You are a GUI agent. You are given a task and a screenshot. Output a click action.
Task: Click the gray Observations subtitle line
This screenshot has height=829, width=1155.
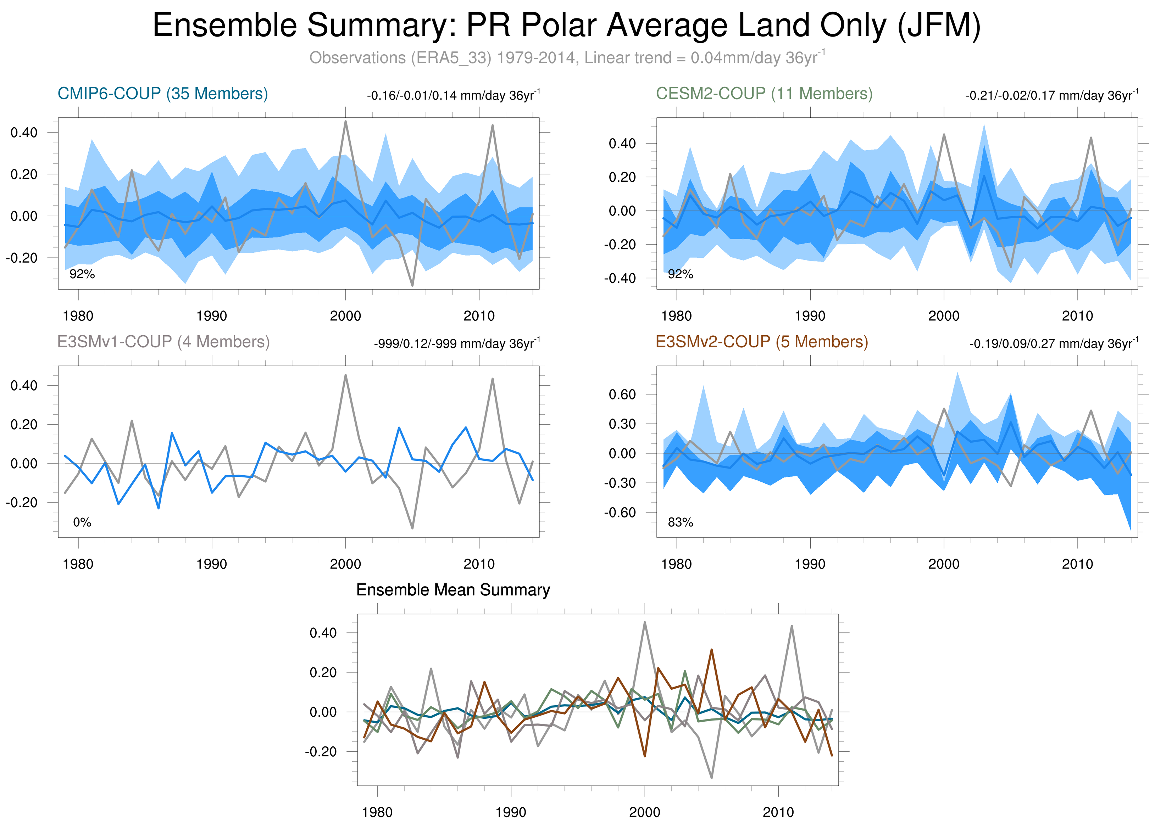tap(566, 57)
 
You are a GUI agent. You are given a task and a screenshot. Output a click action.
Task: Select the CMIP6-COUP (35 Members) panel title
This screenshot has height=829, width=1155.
tap(162, 94)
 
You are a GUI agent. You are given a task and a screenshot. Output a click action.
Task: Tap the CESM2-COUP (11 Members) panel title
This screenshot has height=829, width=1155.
tap(764, 94)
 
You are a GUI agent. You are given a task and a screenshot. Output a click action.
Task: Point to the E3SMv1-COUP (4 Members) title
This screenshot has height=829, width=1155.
tap(163, 341)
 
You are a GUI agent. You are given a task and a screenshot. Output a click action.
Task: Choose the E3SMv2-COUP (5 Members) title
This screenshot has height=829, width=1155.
tap(762, 341)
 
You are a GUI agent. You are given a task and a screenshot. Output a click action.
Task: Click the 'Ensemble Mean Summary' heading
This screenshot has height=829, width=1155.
tap(453, 590)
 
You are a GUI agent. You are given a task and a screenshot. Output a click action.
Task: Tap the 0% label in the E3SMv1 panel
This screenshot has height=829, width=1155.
tap(82, 522)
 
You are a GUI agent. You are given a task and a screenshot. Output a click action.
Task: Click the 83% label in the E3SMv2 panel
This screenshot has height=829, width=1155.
tap(681, 522)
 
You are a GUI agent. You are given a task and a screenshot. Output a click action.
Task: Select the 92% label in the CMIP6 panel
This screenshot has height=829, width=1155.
tap(82, 274)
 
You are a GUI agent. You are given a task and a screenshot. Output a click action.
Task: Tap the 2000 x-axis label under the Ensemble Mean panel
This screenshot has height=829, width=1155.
tap(644, 812)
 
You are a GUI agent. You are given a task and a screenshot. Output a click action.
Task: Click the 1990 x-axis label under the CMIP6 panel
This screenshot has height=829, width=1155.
tap(211, 316)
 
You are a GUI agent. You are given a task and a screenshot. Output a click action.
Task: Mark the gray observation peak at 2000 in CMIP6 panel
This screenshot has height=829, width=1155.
tap(346, 121)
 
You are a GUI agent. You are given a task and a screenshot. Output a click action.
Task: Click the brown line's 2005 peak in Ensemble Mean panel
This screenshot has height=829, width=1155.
tap(711, 650)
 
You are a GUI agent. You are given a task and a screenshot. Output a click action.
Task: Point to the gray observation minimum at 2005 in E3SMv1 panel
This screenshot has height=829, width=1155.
tap(412, 528)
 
